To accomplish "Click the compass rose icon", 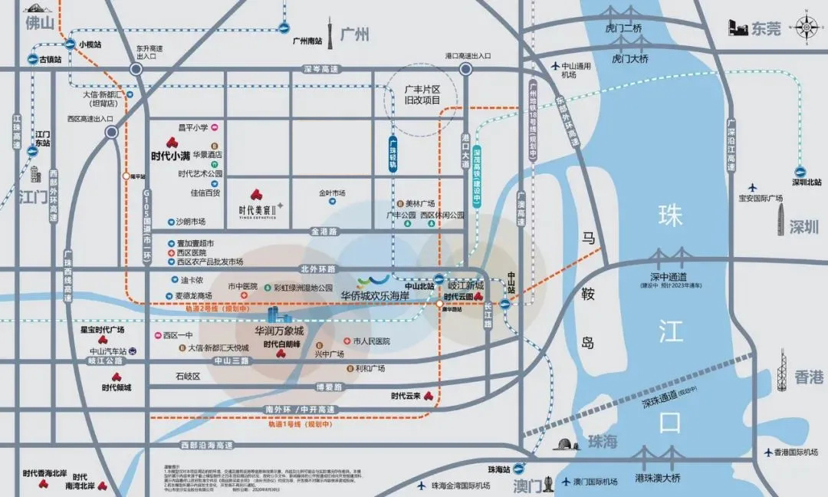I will [807, 28].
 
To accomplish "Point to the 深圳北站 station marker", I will [807, 183].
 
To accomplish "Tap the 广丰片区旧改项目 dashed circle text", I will [422, 95].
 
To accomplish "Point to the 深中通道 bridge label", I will [665, 277].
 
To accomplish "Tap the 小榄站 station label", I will [90, 44].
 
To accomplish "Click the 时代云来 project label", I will [406, 396].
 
